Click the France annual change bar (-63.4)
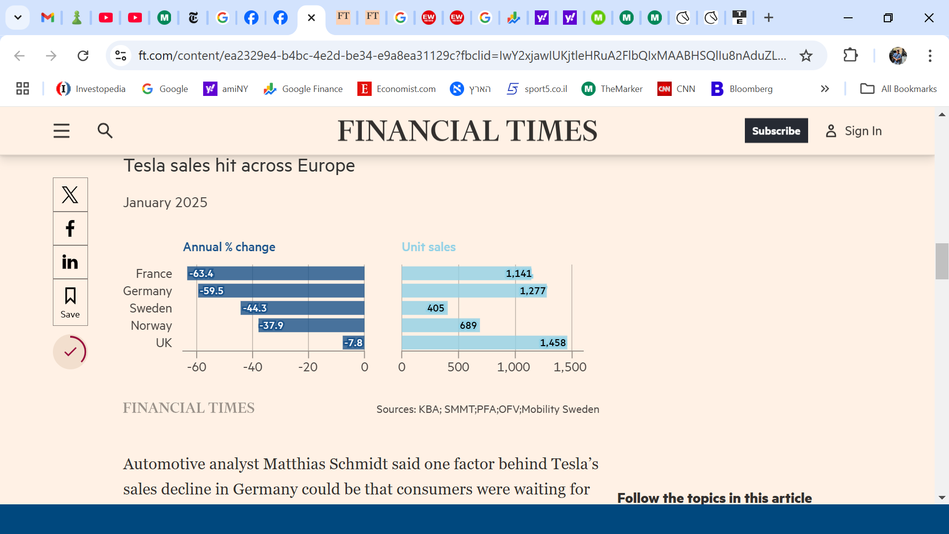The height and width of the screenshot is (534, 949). click(x=276, y=273)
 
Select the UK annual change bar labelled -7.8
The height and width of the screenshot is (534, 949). click(x=353, y=343)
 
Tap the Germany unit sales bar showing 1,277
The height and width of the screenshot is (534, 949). click(x=474, y=291)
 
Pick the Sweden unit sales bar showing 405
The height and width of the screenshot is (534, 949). click(x=425, y=308)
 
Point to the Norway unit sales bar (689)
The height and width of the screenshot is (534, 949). click(x=440, y=325)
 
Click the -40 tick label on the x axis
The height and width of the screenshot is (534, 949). click(x=253, y=367)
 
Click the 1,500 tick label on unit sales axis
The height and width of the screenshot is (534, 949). click(x=570, y=367)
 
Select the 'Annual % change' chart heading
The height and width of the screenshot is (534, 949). click(x=229, y=247)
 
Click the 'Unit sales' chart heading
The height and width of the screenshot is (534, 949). click(x=429, y=247)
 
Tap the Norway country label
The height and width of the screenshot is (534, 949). click(x=151, y=325)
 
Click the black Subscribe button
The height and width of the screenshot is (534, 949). click(x=776, y=131)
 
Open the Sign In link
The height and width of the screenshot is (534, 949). click(x=854, y=131)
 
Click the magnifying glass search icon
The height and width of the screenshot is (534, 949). click(x=105, y=131)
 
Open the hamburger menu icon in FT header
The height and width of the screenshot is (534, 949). click(x=62, y=131)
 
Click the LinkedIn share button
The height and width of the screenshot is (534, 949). click(x=70, y=262)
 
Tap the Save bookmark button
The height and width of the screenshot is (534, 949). click(x=70, y=302)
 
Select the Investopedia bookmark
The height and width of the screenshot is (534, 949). click(x=91, y=89)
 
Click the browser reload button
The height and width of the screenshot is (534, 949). click(x=83, y=55)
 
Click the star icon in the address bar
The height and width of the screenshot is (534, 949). click(x=806, y=55)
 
